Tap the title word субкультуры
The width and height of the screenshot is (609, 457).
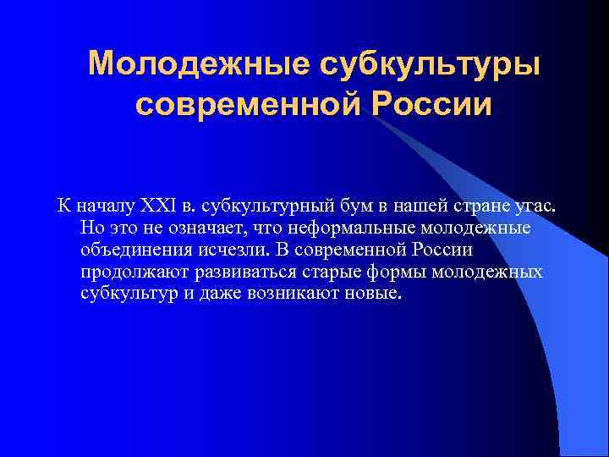coord(428,63)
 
